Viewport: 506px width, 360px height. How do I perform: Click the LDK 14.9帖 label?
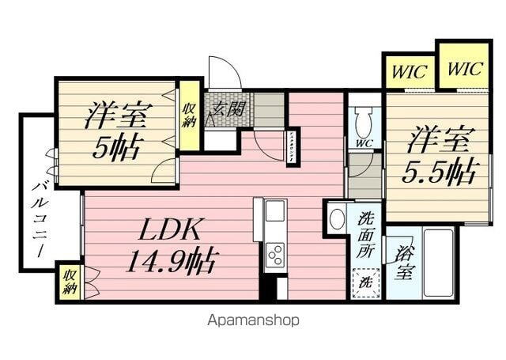(171, 244)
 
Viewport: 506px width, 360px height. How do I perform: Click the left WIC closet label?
(408, 73)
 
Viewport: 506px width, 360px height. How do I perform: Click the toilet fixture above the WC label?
(364, 122)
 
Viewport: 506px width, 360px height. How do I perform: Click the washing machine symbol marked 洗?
(364, 280)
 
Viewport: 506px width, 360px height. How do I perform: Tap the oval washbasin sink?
(336, 218)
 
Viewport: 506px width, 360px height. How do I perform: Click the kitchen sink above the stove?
(275, 211)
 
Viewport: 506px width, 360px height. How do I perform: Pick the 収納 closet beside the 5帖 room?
(189, 116)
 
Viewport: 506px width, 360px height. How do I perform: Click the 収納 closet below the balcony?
(70, 282)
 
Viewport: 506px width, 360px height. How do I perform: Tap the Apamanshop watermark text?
(253, 320)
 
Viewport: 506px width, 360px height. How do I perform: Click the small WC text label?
(364, 143)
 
